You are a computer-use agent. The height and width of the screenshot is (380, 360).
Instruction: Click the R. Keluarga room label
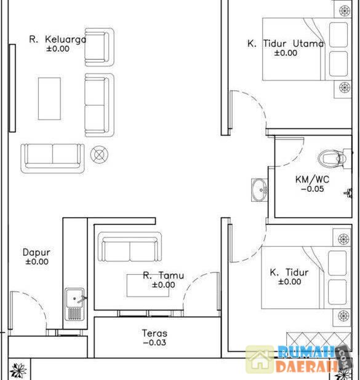(x=57, y=39)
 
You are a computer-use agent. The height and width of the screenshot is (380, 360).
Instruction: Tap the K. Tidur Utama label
(x=286, y=44)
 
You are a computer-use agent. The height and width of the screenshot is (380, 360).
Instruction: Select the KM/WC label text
(x=312, y=180)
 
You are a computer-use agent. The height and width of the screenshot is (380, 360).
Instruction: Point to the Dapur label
(x=36, y=252)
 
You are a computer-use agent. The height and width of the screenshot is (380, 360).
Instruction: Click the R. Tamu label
(x=163, y=275)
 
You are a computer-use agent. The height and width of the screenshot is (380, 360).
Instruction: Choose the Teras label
(x=154, y=333)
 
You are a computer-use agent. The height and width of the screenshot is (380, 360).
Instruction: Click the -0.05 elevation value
(x=313, y=189)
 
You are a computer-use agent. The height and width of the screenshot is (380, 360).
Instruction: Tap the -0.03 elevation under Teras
(x=154, y=342)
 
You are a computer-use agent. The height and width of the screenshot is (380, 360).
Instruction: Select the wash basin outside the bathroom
(x=259, y=190)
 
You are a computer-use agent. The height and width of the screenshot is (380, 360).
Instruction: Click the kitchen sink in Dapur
(x=74, y=304)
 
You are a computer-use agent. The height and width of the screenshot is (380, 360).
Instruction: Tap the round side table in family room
(x=99, y=154)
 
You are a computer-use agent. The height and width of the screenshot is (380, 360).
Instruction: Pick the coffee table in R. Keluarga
(x=49, y=98)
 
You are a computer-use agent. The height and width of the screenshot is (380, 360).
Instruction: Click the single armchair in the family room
(x=99, y=47)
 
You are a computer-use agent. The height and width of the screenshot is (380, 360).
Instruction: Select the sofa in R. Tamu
(x=130, y=247)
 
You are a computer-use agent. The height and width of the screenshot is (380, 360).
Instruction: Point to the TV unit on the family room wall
(x=12, y=88)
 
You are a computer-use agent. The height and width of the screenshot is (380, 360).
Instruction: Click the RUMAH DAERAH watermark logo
(x=298, y=360)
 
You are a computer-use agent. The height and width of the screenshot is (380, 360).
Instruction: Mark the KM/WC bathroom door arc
(x=297, y=157)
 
